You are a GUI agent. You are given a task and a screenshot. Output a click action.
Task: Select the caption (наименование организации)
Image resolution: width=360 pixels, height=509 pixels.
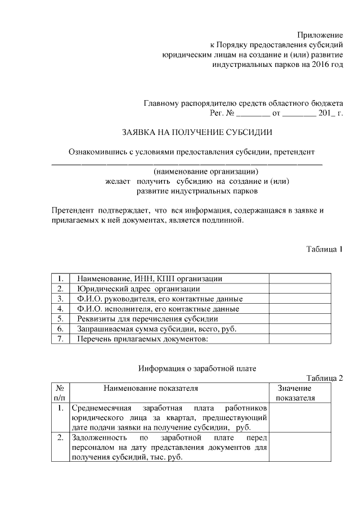[x=206, y=172]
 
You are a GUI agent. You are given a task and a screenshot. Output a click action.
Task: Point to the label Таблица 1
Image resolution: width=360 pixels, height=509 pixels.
[x=325, y=249]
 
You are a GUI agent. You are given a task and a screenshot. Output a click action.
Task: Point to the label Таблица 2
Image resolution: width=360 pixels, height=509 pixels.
[x=325, y=378]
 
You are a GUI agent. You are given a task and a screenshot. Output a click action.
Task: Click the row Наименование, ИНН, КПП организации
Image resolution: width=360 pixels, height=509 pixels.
[x=149, y=278]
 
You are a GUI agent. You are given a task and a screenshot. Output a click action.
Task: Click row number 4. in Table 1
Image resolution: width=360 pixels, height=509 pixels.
[x=60, y=309]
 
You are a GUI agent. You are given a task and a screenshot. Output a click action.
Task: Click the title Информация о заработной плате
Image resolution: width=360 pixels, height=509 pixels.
[x=197, y=368]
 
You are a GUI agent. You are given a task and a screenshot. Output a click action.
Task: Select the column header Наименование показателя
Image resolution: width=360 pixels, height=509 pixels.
[x=151, y=388]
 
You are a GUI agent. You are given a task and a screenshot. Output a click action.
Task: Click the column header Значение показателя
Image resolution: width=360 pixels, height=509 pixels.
[x=294, y=393]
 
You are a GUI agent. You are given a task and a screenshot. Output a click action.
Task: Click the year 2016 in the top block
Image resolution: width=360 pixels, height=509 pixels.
[x=321, y=66]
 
